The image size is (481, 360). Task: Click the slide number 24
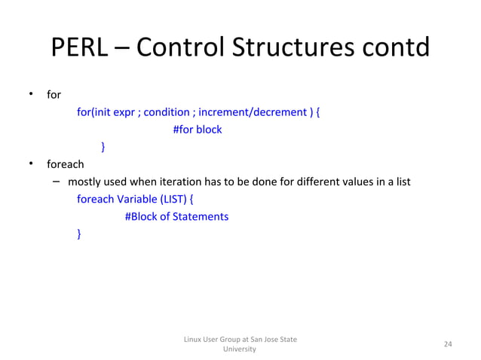pyautogui.click(x=447, y=344)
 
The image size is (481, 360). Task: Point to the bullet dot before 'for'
pyautogui.click(x=31, y=94)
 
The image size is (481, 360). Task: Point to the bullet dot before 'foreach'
pyautogui.click(x=31, y=163)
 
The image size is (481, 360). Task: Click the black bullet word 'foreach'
pyautogui.click(x=65, y=164)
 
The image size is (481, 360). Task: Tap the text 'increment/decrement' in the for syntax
pyautogui.click(x=259, y=112)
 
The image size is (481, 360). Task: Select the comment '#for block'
pyautogui.click(x=198, y=130)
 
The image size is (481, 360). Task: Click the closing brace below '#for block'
pyautogui.click(x=103, y=148)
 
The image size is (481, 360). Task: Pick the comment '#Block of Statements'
pyautogui.click(x=176, y=217)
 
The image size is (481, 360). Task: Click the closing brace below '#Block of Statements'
pyautogui.click(x=79, y=234)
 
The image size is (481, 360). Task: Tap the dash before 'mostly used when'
pyautogui.click(x=57, y=182)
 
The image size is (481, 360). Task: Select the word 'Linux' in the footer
pyautogui.click(x=194, y=340)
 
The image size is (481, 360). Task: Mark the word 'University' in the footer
pyautogui.click(x=240, y=349)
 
